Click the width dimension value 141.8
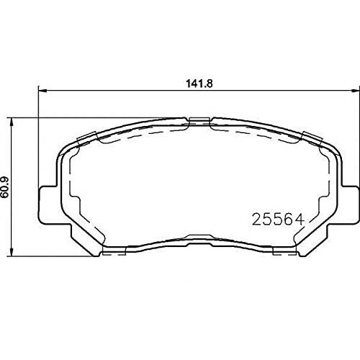click(x=199, y=84)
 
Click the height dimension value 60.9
click(x=5, y=187)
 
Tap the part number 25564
click(x=278, y=220)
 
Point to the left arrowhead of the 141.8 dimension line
click(x=42, y=91)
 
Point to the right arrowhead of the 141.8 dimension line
click(x=356, y=91)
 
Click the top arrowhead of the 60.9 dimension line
click(x=12, y=121)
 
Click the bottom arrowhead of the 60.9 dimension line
click(x=12, y=253)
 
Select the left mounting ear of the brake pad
click(x=48, y=204)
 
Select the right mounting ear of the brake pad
click(x=350, y=204)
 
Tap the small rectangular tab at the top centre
click(x=199, y=121)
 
